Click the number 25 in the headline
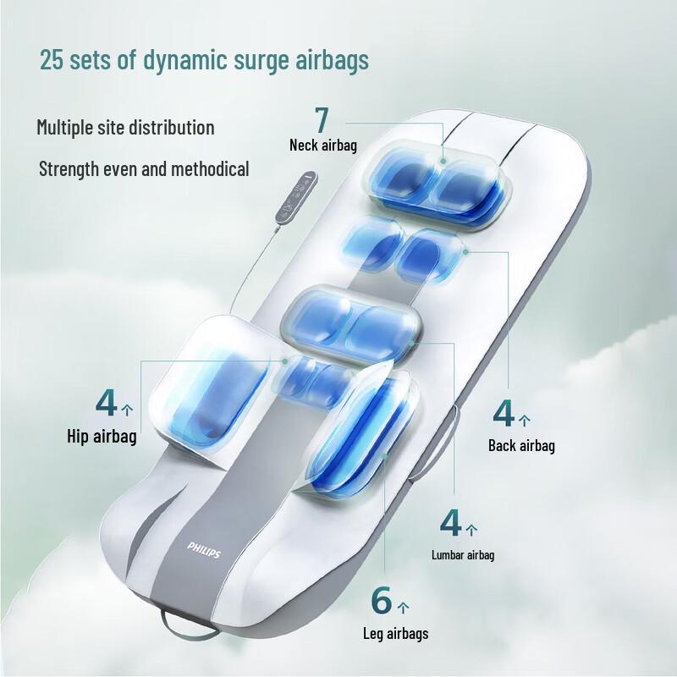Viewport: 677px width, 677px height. click(x=52, y=60)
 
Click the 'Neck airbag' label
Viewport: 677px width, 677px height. click(x=322, y=145)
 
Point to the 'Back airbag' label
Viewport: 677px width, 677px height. click(x=521, y=445)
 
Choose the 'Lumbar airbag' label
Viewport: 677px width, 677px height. click(x=463, y=555)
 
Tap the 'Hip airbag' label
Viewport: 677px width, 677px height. click(x=102, y=437)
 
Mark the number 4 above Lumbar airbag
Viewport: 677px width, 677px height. click(x=451, y=522)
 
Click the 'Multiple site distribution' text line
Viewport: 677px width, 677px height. click(x=125, y=128)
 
